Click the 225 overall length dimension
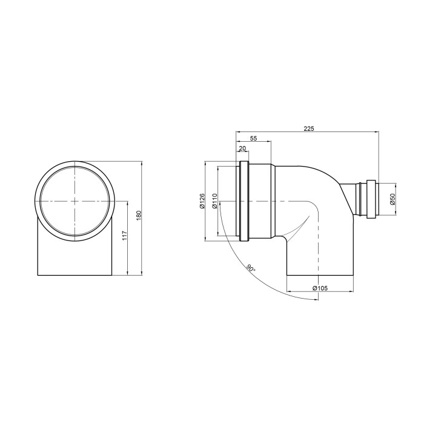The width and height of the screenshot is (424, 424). click(309, 128)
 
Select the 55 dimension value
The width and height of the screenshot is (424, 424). click(253, 139)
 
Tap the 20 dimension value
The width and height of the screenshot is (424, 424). click(242, 148)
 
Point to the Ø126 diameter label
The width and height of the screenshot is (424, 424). click(202, 201)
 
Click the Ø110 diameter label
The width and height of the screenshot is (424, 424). click(215, 201)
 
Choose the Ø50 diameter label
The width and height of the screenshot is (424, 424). click(393, 199)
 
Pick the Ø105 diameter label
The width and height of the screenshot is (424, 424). click(320, 288)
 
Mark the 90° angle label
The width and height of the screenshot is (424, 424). click(251, 268)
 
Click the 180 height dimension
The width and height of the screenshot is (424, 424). click(139, 215)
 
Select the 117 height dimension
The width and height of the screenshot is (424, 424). click(125, 236)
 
